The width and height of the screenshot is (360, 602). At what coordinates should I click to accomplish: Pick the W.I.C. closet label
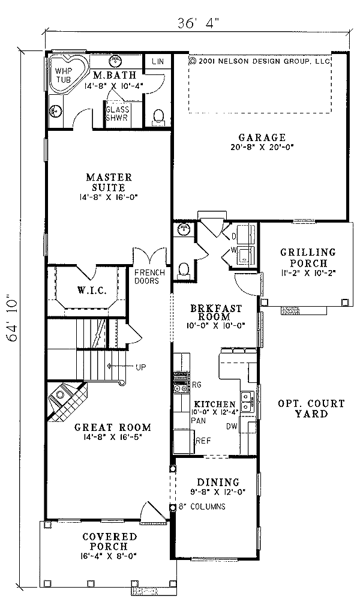pos(91,291)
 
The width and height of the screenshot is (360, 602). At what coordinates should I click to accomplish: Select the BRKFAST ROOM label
pos(216,312)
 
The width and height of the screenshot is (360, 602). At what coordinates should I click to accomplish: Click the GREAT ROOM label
pos(112,427)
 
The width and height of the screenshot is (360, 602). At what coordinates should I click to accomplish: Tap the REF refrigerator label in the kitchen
pos(205,441)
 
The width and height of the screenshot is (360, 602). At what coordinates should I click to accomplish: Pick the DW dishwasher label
pos(232,427)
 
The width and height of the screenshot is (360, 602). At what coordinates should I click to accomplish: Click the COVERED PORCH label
pos(109,541)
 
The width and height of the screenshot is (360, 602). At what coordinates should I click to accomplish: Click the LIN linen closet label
pos(158,62)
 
